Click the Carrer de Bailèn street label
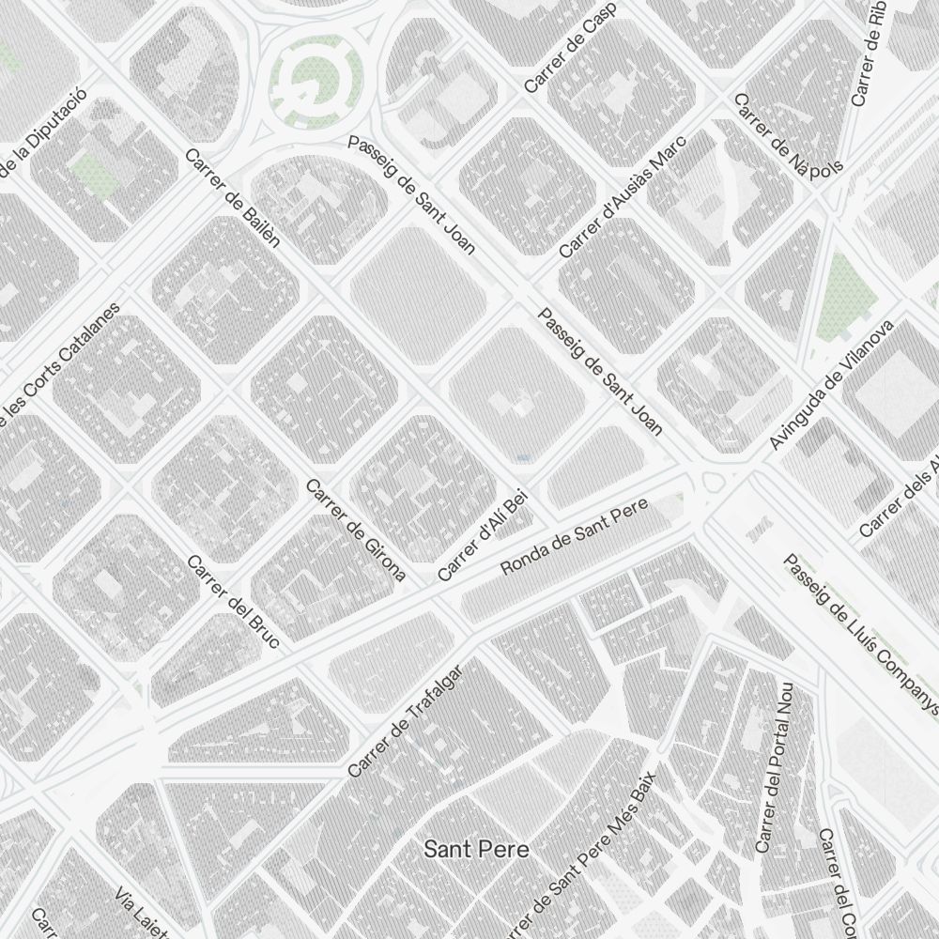click(234, 198)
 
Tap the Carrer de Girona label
click(356, 531)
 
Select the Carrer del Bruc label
click(234, 602)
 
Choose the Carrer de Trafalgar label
click(406, 722)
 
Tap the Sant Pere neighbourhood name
click(476, 850)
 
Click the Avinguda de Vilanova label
click(831, 385)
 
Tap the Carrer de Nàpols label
click(789, 133)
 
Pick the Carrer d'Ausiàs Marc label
click(623, 197)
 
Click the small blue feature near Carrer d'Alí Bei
click(523, 457)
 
